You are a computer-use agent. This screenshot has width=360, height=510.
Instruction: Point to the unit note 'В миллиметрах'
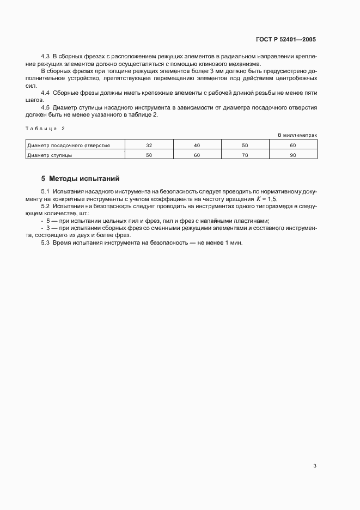pyautogui.click(x=297, y=135)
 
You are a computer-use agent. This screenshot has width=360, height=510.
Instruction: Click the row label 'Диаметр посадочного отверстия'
pyautogui.click(x=69, y=145)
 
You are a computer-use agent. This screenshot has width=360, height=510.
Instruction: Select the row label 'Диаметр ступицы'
pyautogui.click(x=50, y=155)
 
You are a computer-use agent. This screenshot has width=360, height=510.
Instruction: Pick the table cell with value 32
pyautogui.click(x=149, y=145)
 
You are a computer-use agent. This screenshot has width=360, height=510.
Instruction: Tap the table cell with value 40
pyautogui.click(x=197, y=145)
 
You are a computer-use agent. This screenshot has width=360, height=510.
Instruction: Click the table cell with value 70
pyautogui.click(x=245, y=155)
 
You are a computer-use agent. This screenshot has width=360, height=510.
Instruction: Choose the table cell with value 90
pyautogui.click(x=293, y=155)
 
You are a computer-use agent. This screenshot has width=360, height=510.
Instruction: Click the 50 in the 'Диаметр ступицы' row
pyautogui.click(x=149, y=155)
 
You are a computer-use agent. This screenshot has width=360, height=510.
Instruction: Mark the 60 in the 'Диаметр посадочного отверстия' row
pyautogui.click(x=293, y=145)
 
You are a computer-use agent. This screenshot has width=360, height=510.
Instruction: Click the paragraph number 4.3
pyautogui.click(x=45, y=57)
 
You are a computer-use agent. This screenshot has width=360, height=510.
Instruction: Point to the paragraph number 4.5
pyautogui.click(x=45, y=108)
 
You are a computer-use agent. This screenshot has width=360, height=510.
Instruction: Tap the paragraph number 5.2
pyautogui.click(x=45, y=208)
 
